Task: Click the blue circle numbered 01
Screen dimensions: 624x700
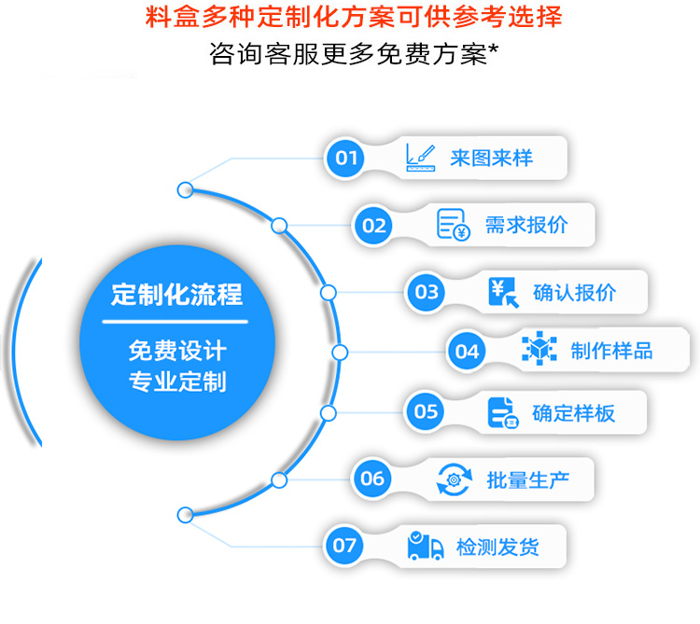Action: pyautogui.click(x=347, y=158)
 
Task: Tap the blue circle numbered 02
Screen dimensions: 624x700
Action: pyautogui.click(x=373, y=225)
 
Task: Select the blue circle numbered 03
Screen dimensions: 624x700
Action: pyautogui.click(x=427, y=292)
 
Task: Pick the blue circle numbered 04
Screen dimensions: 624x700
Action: pyautogui.click(x=466, y=352)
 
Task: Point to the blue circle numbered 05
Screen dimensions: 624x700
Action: pyautogui.click(x=426, y=410)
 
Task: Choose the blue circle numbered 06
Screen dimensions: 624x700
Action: pyautogui.click(x=372, y=478)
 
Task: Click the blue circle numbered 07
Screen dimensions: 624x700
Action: pyautogui.click(x=345, y=545)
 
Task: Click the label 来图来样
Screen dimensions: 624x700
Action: pyautogui.click(x=491, y=158)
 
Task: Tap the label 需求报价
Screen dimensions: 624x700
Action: pyautogui.click(x=525, y=225)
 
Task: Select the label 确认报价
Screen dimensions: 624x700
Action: pyautogui.click(x=574, y=292)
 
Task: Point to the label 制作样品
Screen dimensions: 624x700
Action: pyautogui.click(x=611, y=352)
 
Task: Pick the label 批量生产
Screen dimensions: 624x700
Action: pyautogui.click(x=527, y=480)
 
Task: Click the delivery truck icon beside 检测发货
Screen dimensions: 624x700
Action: pyautogui.click(x=426, y=547)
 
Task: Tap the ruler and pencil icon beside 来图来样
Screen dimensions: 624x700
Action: pyautogui.click(x=420, y=156)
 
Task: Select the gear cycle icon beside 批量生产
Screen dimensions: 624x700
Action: pyautogui.click(x=455, y=479)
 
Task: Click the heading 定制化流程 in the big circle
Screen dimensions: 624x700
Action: pyautogui.click(x=176, y=296)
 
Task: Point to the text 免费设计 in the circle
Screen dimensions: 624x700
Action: pyautogui.click(x=176, y=352)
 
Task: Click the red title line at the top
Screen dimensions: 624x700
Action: pyautogui.click(x=355, y=18)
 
